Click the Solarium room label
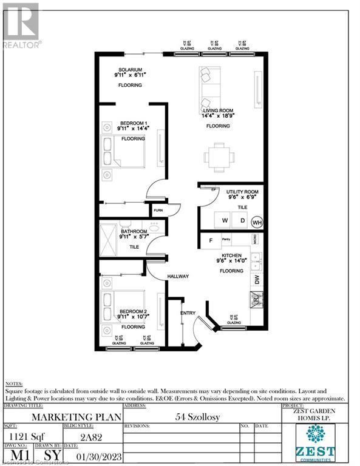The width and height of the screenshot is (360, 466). (x=131, y=70)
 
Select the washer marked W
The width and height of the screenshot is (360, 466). (x=224, y=220)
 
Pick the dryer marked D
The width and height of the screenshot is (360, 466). (x=242, y=220)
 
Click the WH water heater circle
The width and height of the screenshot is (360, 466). (x=257, y=221)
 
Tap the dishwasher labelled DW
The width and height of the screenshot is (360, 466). (x=257, y=280)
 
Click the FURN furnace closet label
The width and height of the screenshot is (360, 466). (x=158, y=211)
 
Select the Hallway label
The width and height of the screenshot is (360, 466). (x=179, y=277)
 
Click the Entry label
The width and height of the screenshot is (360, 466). (x=187, y=312)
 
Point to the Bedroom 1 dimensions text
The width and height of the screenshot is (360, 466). (x=135, y=129)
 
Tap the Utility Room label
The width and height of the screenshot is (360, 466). (x=242, y=192)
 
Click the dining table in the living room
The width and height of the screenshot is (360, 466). (x=217, y=155)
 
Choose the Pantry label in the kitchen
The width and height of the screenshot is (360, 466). (x=228, y=240)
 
